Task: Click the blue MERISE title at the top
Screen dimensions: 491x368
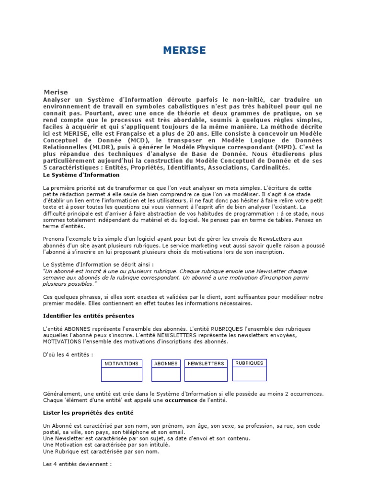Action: pos(184,51)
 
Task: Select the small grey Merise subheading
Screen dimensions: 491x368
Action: pos(56,92)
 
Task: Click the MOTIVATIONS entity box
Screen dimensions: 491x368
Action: pos(122,370)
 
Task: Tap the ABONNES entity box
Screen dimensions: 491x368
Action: pos(166,370)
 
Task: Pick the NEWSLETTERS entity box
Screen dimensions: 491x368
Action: pos(206,370)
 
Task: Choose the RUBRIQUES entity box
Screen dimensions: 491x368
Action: pos(250,369)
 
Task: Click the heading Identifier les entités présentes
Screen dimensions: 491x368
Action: pos(89,316)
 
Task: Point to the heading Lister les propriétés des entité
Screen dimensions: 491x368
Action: pos(88,412)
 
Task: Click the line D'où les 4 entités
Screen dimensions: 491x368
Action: pos(68,354)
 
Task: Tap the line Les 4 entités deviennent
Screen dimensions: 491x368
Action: pos(77,464)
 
